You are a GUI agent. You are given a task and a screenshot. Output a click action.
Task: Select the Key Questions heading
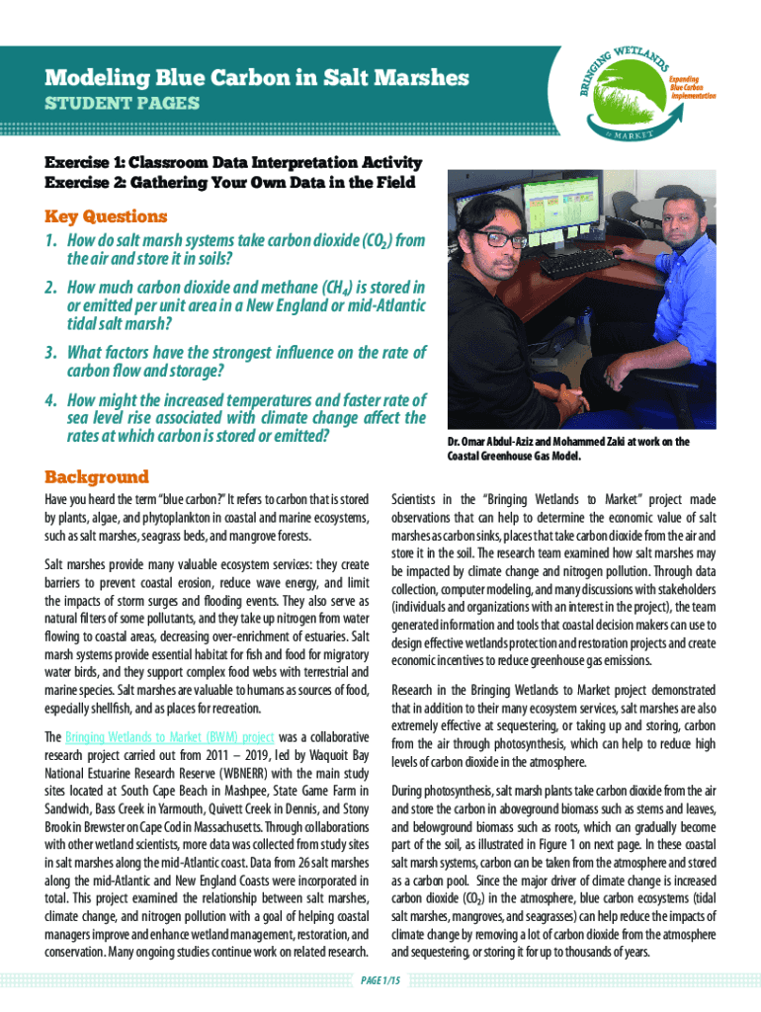point(105,215)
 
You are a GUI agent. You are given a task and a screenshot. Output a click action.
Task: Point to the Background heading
point(97,476)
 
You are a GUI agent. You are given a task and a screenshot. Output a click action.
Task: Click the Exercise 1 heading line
point(233,162)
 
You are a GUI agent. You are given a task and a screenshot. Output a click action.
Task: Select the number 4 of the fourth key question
point(48,400)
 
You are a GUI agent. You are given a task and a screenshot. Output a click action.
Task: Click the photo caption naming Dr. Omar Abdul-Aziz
point(567,449)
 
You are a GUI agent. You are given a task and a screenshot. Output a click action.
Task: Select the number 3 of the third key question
point(48,353)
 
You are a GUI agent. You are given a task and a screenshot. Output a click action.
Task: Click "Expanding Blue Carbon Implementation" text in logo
point(691,87)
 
